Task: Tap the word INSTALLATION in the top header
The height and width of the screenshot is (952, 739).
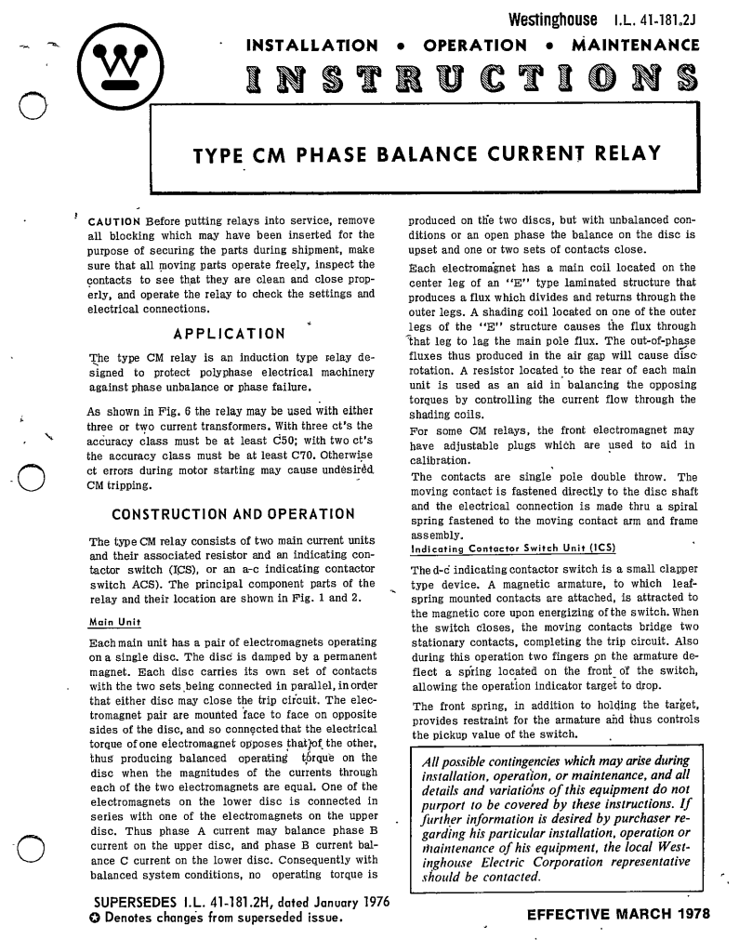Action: (x=310, y=45)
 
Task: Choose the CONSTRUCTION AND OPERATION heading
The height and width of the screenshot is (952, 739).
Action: (x=232, y=514)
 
